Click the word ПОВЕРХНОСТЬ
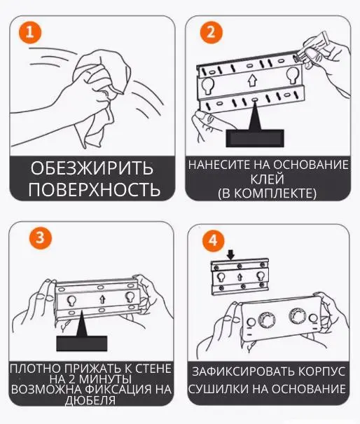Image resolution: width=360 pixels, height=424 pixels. pos(95,189)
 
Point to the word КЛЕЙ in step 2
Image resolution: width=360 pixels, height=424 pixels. pos(267,179)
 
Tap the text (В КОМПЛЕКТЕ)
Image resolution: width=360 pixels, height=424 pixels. pos(267,192)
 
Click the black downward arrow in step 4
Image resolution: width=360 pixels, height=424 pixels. pos(232,253)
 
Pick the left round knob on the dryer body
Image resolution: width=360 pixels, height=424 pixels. pos(267,320)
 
